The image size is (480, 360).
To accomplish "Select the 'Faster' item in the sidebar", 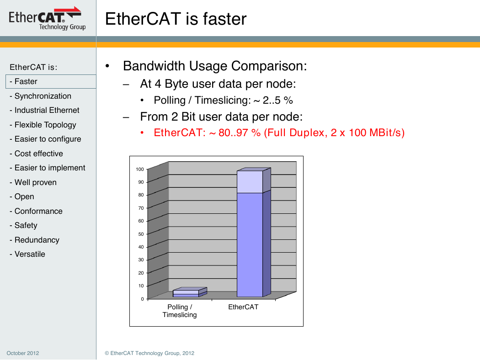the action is pyautogui.click(x=26, y=81).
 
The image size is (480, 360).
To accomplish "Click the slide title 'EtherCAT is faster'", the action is pyautogui.click(x=176, y=19).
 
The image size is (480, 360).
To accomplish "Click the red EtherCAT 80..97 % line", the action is pyautogui.click(x=279, y=132).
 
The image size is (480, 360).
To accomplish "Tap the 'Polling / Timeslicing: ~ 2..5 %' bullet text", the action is pyautogui.click(x=223, y=100).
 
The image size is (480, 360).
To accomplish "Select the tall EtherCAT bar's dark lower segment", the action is pyautogui.click(x=250, y=245).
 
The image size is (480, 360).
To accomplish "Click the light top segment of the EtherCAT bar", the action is pyautogui.click(x=250, y=182).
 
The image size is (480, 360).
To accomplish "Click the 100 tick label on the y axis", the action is pyautogui.click(x=140, y=169).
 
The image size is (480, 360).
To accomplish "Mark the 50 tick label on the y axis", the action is pyautogui.click(x=141, y=234).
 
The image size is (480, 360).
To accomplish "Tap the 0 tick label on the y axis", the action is pyautogui.click(x=142, y=299).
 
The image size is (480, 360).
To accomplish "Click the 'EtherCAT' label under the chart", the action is pyautogui.click(x=243, y=307).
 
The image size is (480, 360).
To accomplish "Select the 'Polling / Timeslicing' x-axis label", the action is pyautogui.click(x=180, y=311).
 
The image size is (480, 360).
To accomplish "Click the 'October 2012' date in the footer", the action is pyautogui.click(x=23, y=353).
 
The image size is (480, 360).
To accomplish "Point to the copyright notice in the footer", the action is pyautogui.click(x=149, y=353).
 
